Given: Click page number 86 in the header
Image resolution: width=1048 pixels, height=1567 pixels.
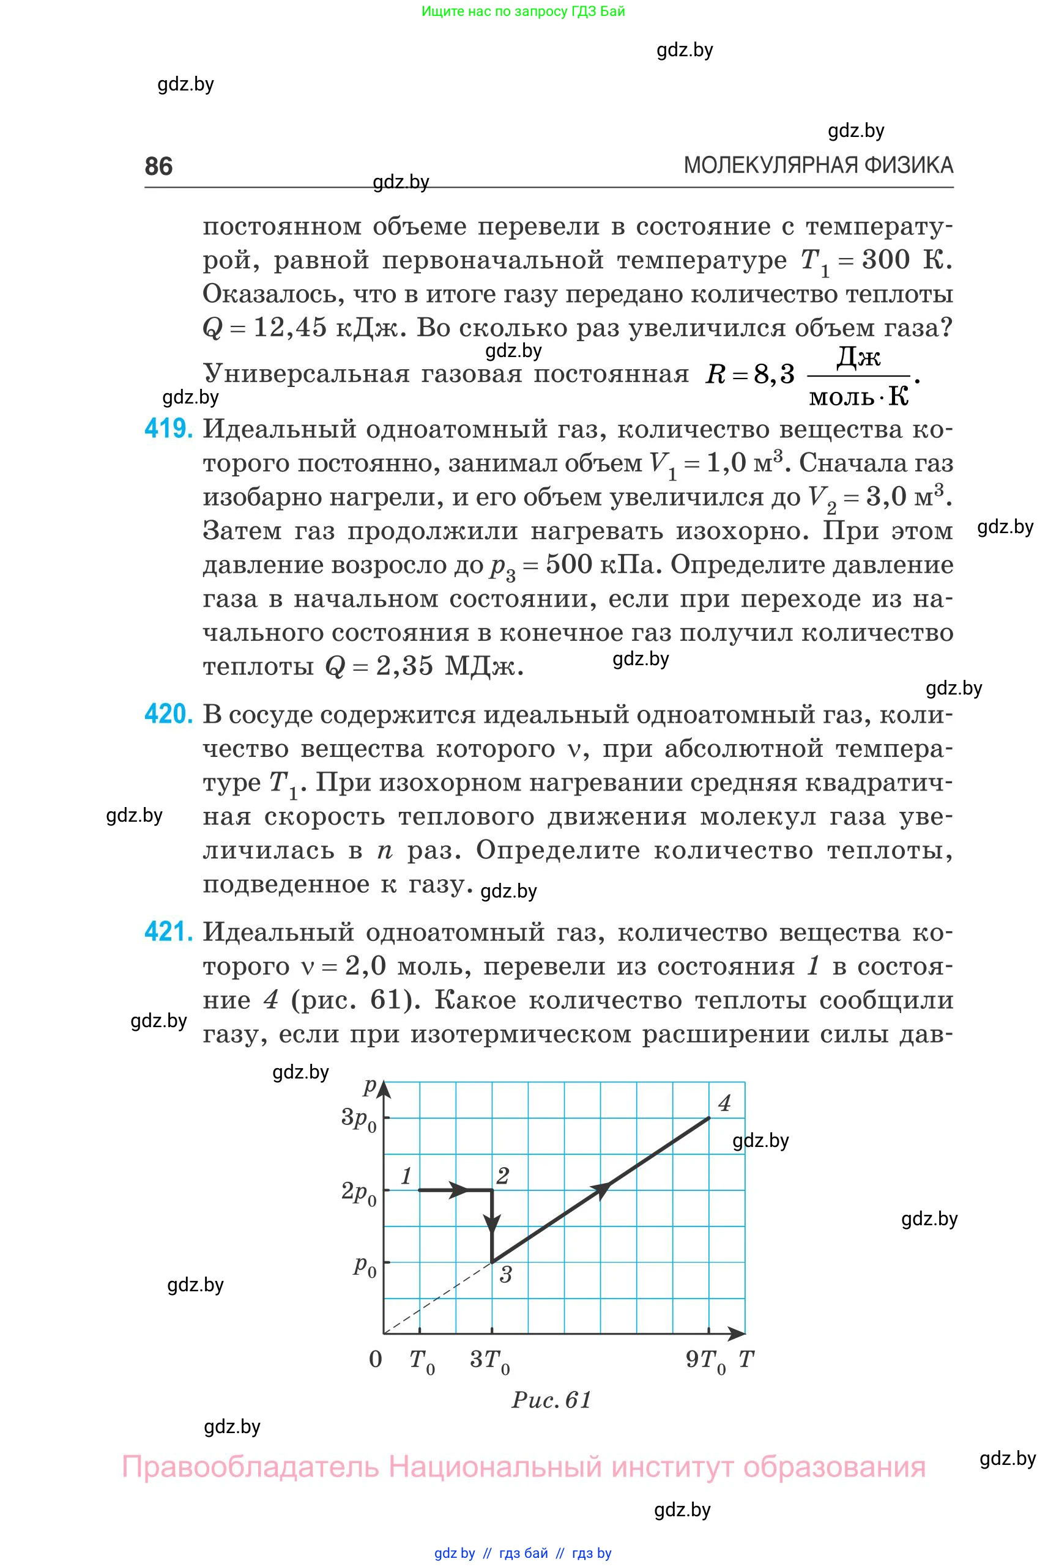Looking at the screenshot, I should (158, 166).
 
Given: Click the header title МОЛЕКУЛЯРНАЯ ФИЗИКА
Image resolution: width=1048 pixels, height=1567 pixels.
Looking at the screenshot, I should (818, 165).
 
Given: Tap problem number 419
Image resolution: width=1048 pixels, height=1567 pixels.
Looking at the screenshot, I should (168, 429).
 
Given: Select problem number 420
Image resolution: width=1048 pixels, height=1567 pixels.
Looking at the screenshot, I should (168, 715).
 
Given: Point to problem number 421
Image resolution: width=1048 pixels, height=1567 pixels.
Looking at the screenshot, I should (168, 932).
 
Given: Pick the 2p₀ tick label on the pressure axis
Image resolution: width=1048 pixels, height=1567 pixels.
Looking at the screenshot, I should (360, 1192).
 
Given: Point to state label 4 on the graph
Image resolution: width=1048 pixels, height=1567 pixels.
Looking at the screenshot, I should (724, 1103).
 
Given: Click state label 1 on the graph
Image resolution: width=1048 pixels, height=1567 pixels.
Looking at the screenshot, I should (406, 1176).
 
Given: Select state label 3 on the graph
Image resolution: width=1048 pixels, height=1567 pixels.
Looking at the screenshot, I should (505, 1275).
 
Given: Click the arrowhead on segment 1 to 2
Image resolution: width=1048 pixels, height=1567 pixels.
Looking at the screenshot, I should (458, 1190).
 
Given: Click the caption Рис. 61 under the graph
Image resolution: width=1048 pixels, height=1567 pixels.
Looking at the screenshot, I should (552, 1399).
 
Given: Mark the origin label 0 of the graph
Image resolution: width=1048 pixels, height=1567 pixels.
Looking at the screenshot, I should (376, 1359).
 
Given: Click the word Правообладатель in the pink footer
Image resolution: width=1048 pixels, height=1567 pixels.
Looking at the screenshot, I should (250, 1467).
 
